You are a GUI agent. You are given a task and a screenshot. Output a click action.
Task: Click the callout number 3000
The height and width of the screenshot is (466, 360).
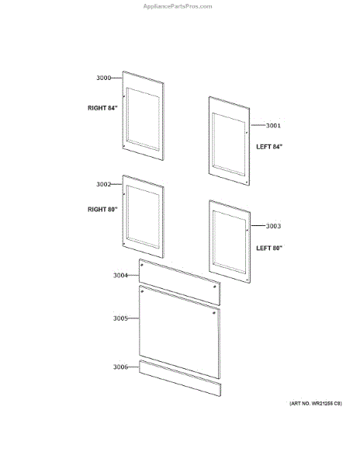click(x=104, y=78)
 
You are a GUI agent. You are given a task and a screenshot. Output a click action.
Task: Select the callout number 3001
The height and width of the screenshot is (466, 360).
click(x=273, y=125)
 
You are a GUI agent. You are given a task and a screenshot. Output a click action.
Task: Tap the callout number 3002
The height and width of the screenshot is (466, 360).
click(x=104, y=184)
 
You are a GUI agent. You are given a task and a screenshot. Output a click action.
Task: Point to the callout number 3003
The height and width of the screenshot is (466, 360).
click(x=273, y=226)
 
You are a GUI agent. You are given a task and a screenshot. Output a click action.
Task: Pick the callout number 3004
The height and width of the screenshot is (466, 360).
click(x=120, y=276)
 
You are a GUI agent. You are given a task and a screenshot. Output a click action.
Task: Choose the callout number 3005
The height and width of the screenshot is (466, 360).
click(x=120, y=318)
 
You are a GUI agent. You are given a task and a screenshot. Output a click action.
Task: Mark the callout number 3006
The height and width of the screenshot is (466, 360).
click(x=120, y=367)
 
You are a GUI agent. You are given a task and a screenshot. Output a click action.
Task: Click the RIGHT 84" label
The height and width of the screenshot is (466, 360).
click(x=102, y=108)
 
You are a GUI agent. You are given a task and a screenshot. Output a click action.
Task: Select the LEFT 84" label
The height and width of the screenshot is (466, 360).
click(x=269, y=147)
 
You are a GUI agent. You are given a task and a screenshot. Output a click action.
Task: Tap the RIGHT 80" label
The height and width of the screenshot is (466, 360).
click(x=102, y=209)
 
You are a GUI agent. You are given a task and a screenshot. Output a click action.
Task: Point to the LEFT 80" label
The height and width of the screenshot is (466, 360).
click(x=269, y=248)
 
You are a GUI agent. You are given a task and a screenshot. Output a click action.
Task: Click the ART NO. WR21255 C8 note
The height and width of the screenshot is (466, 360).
click(x=316, y=403)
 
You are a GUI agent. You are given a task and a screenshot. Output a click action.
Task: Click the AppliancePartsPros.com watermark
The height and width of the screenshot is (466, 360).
click(x=178, y=6)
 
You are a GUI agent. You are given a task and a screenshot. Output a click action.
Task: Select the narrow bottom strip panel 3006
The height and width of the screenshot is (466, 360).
click(x=180, y=378)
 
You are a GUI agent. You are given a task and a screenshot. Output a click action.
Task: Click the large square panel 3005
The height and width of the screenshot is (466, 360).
click(x=180, y=332)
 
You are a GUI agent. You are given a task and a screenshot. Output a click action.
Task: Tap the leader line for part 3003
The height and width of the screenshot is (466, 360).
click(x=258, y=226)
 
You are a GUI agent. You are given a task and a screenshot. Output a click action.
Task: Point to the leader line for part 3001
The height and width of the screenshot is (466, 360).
click(x=258, y=125)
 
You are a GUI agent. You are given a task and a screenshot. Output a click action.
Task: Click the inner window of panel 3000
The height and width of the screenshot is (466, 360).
click(x=143, y=119)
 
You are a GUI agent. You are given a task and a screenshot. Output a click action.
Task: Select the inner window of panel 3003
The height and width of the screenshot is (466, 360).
click(x=230, y=242)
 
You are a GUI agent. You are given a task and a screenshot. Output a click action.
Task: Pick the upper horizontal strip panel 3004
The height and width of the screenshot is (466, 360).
click(x=180, y=282)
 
